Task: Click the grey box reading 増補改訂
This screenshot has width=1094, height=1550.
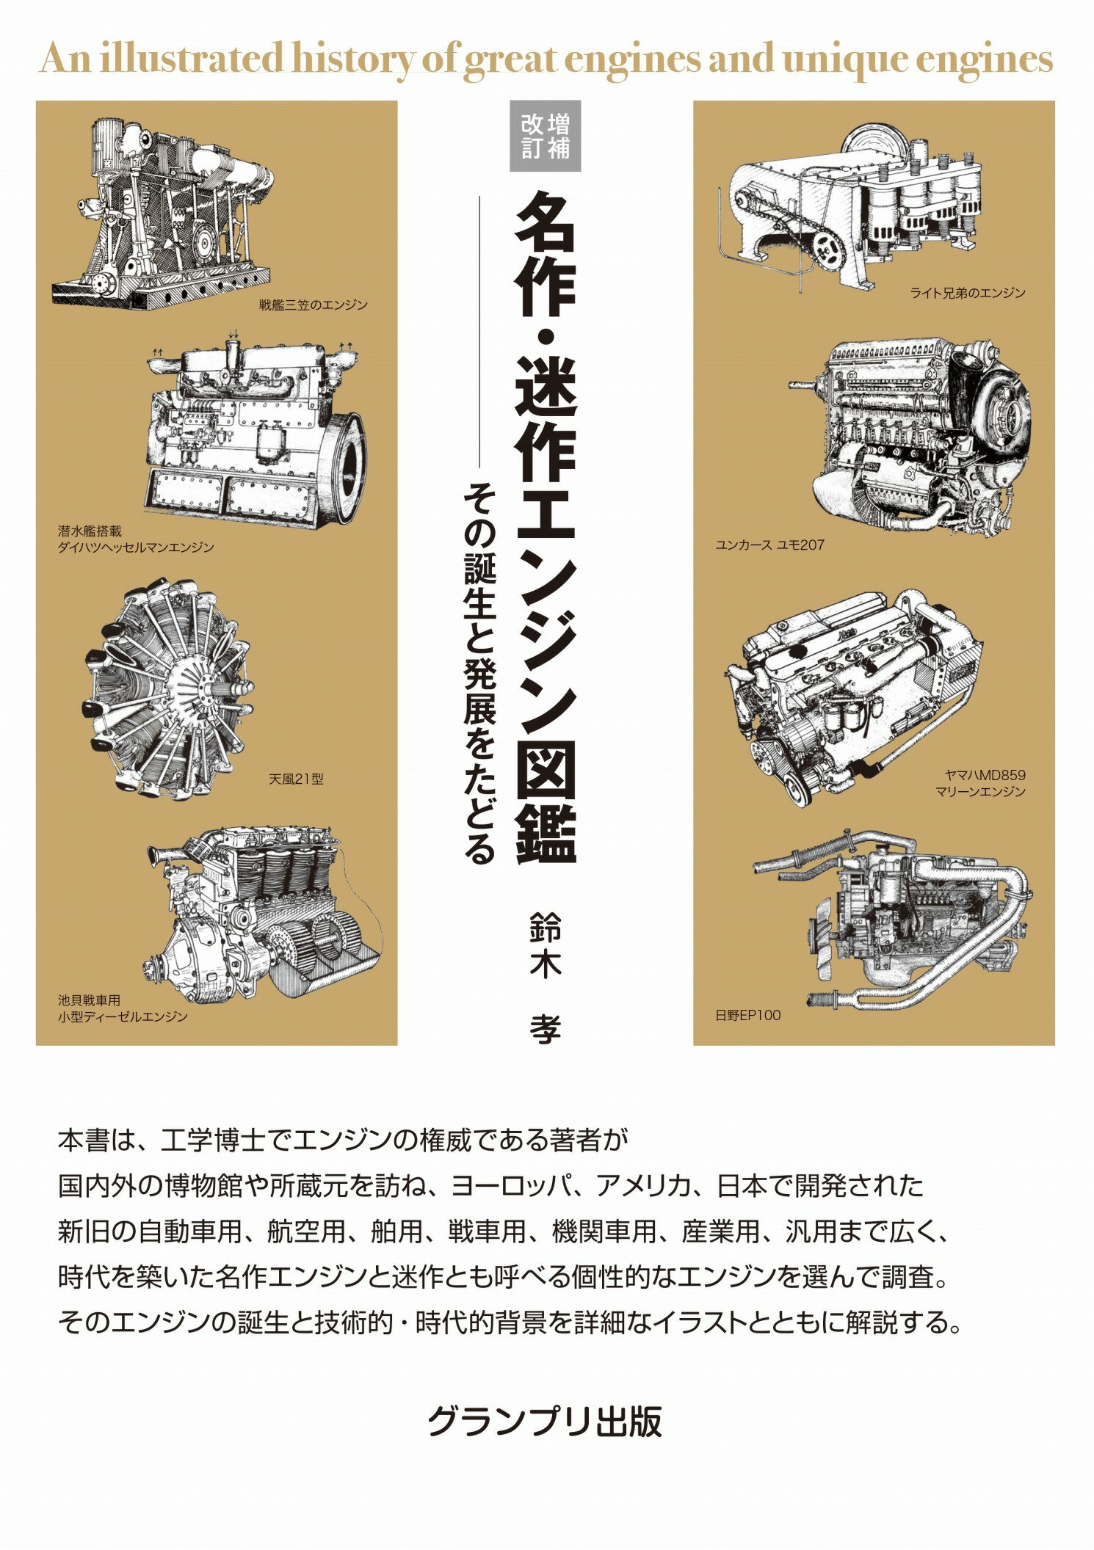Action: point(546,136)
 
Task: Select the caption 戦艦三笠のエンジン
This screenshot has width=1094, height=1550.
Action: point(313,305)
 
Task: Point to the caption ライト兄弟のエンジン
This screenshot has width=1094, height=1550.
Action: point(967,293)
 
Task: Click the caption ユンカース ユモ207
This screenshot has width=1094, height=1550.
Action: point(769,545)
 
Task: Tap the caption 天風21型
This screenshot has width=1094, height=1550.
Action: point(296,779)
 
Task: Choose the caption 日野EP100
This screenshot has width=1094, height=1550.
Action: point(747,1015)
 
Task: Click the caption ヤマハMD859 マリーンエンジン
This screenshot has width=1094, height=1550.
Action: point(980,783)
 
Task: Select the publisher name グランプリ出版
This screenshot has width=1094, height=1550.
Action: point(545,1421)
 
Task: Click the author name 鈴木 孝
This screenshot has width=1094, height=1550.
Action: point(545,976)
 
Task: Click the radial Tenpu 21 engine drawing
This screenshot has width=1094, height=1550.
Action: point(169,690)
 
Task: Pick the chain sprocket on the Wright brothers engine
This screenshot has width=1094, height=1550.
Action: point(827,250)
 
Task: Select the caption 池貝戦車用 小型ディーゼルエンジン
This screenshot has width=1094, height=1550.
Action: point(123,1008)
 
